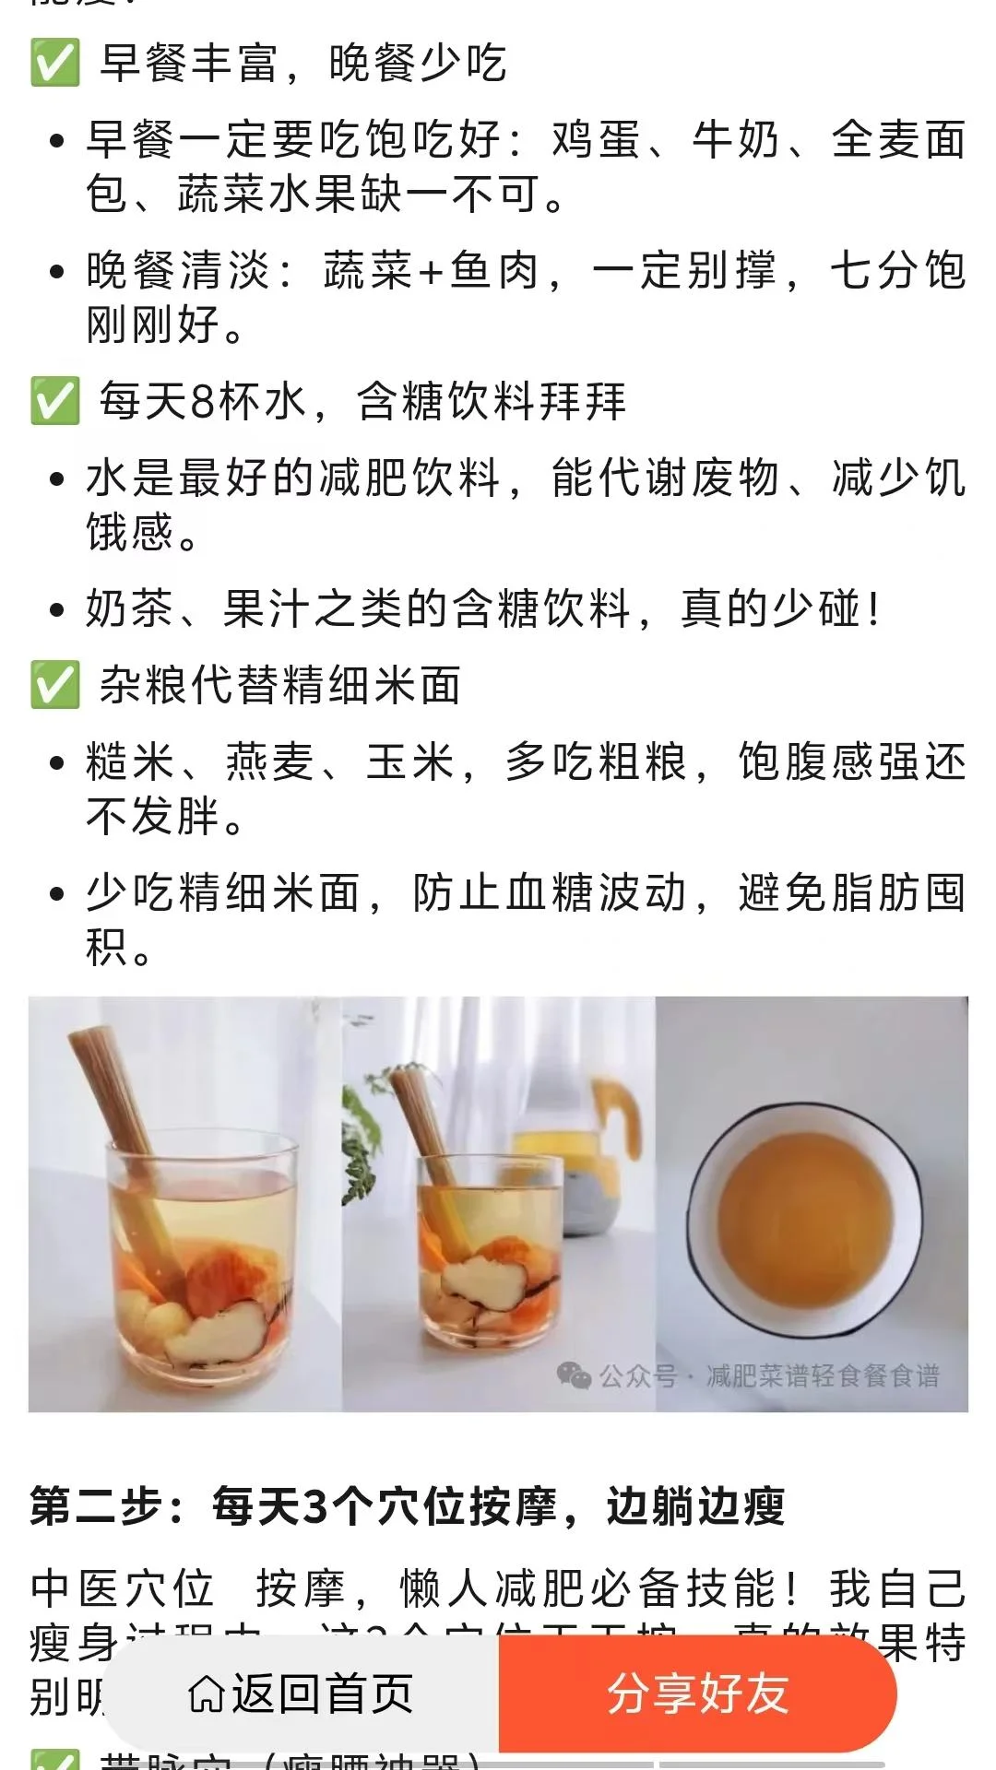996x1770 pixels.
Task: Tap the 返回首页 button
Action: pyautogui.click(x=301, y=1693)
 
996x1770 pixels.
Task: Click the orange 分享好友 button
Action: pyautogui.click(x=697, y=1693)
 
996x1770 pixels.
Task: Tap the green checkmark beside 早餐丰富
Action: pyautogui.click(x=54, y=64)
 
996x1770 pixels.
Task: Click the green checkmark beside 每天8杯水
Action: pyautogui.click(x=54, y=402)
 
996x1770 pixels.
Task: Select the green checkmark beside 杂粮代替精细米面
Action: pyautogui.click(x=54, y=686)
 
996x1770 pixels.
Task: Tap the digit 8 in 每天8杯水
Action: pyautogui.click(x=203, y=402)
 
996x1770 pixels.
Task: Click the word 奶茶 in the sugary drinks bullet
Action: pyautogui.click(x=130, y=609)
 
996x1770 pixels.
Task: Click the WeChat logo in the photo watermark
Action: pyautogui.click(x=574, y=1376)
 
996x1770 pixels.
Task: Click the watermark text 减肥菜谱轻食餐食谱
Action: pyautogui.click(x=823, y=1376)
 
